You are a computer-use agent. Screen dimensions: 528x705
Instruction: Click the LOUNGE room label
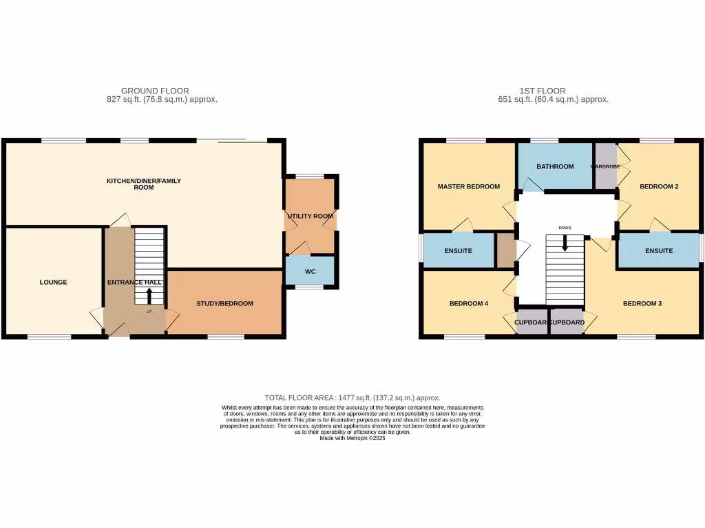[x=53, y=282]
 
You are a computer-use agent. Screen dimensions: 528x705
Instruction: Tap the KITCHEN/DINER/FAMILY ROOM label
[x=143, y=184]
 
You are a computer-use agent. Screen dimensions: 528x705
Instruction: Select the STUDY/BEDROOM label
[x=224, y=303]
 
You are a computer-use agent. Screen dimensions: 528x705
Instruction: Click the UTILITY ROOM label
[x=309, y=216]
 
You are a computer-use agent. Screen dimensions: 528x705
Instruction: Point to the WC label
[x=310, y=272]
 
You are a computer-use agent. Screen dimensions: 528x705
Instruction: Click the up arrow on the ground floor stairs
[x=149, y=296]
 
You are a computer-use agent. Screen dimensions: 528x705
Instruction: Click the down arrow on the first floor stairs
[x=565, y=243]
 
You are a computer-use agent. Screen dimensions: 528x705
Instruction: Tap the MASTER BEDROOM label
[x=468, y=186]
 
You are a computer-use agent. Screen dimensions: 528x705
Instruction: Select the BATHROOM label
[x=555, y=166]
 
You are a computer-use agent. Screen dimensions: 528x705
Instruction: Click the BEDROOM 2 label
[x=659, y=186]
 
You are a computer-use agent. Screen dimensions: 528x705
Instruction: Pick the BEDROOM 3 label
[x=642, y=303]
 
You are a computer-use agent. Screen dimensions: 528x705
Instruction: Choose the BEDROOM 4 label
[x=468, y=303]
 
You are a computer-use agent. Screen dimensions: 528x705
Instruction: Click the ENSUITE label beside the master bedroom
[x=458, y=251]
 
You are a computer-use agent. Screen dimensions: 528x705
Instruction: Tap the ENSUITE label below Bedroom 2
[x=659, y=251]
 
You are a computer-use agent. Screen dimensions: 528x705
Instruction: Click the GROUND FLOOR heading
[x=155, y=91]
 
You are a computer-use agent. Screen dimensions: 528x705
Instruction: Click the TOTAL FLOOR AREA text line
[x=352, y=398]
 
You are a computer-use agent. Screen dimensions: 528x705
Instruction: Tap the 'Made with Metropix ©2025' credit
[x=352, y=438]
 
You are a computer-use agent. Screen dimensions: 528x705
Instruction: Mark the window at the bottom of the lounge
[x=49, y=336]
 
